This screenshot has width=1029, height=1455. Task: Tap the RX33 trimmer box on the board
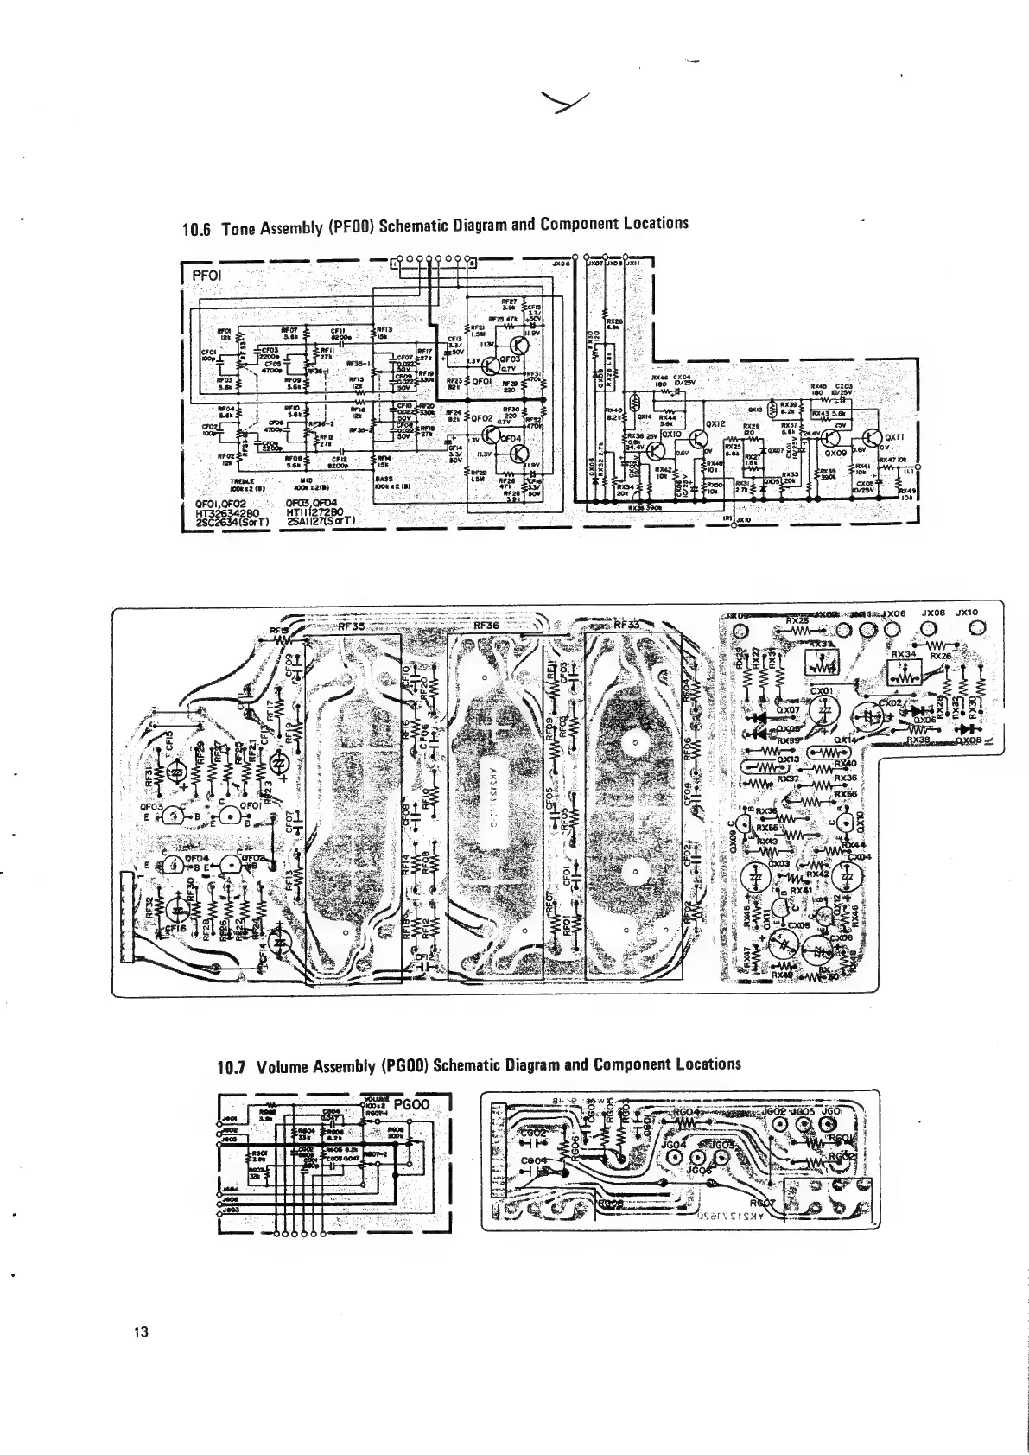(823, 664)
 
